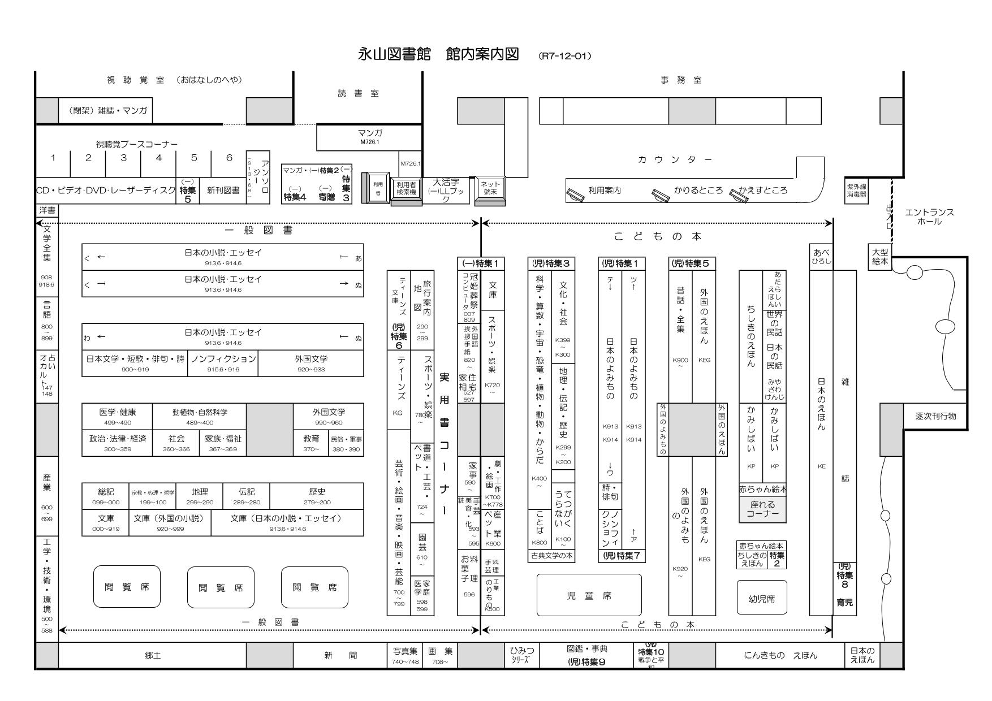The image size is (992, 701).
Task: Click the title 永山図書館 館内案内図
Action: point(438,54)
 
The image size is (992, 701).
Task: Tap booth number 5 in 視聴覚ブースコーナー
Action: point(193,158)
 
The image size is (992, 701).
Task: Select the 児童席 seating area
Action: point(589,595)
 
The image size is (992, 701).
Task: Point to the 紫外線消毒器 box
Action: point(857,191)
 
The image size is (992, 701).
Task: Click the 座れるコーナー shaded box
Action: point(762,509)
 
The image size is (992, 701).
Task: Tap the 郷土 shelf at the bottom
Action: point(153,656)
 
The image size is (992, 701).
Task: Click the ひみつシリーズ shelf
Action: point(521,655)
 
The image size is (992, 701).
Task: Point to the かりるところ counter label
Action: point(698,191)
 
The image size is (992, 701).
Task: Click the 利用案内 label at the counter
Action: point(604,191)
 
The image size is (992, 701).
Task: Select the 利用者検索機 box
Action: point(406,188)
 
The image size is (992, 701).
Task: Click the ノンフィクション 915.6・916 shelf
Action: point(223,363)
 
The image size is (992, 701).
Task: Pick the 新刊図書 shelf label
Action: point(223,191)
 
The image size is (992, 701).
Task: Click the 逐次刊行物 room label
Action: point(935,416)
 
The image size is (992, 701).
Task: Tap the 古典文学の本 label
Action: point(551,556)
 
